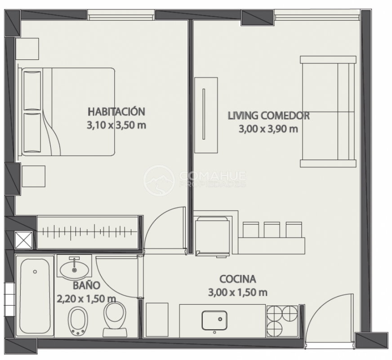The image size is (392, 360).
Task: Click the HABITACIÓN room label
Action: tap(116, 112)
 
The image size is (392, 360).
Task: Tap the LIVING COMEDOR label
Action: tap(269, 116)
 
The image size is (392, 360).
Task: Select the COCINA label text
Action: tap(238, 279)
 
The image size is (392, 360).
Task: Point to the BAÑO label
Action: tap(86, 285)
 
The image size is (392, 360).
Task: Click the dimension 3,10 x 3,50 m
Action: tap(116, 125)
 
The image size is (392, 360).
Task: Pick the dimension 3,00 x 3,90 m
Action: tap(268, 129)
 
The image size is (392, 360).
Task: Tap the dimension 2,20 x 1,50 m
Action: tap(86, 298)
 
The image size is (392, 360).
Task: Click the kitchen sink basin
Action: tap(214, 320)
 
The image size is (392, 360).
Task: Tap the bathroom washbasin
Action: tap(74, 268)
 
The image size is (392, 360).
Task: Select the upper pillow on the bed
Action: tap(32, 90)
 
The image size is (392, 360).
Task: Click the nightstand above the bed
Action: tap(27, 49)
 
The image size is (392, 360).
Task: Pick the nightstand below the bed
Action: tap(34, 176)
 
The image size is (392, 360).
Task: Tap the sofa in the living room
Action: tap(328, 111)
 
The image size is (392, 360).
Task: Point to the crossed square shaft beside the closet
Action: tap(24, 240)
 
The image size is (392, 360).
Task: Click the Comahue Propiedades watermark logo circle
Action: tap(159, 180)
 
